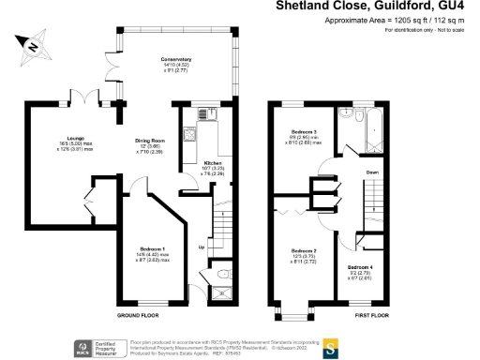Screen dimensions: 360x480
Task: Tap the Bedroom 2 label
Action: (x=303, y=251)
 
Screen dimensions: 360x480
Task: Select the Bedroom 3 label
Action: (x=305, y=131)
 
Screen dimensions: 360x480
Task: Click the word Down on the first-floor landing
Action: (x=371, y=172)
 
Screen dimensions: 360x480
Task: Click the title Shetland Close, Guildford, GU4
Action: (x=375, y=6)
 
